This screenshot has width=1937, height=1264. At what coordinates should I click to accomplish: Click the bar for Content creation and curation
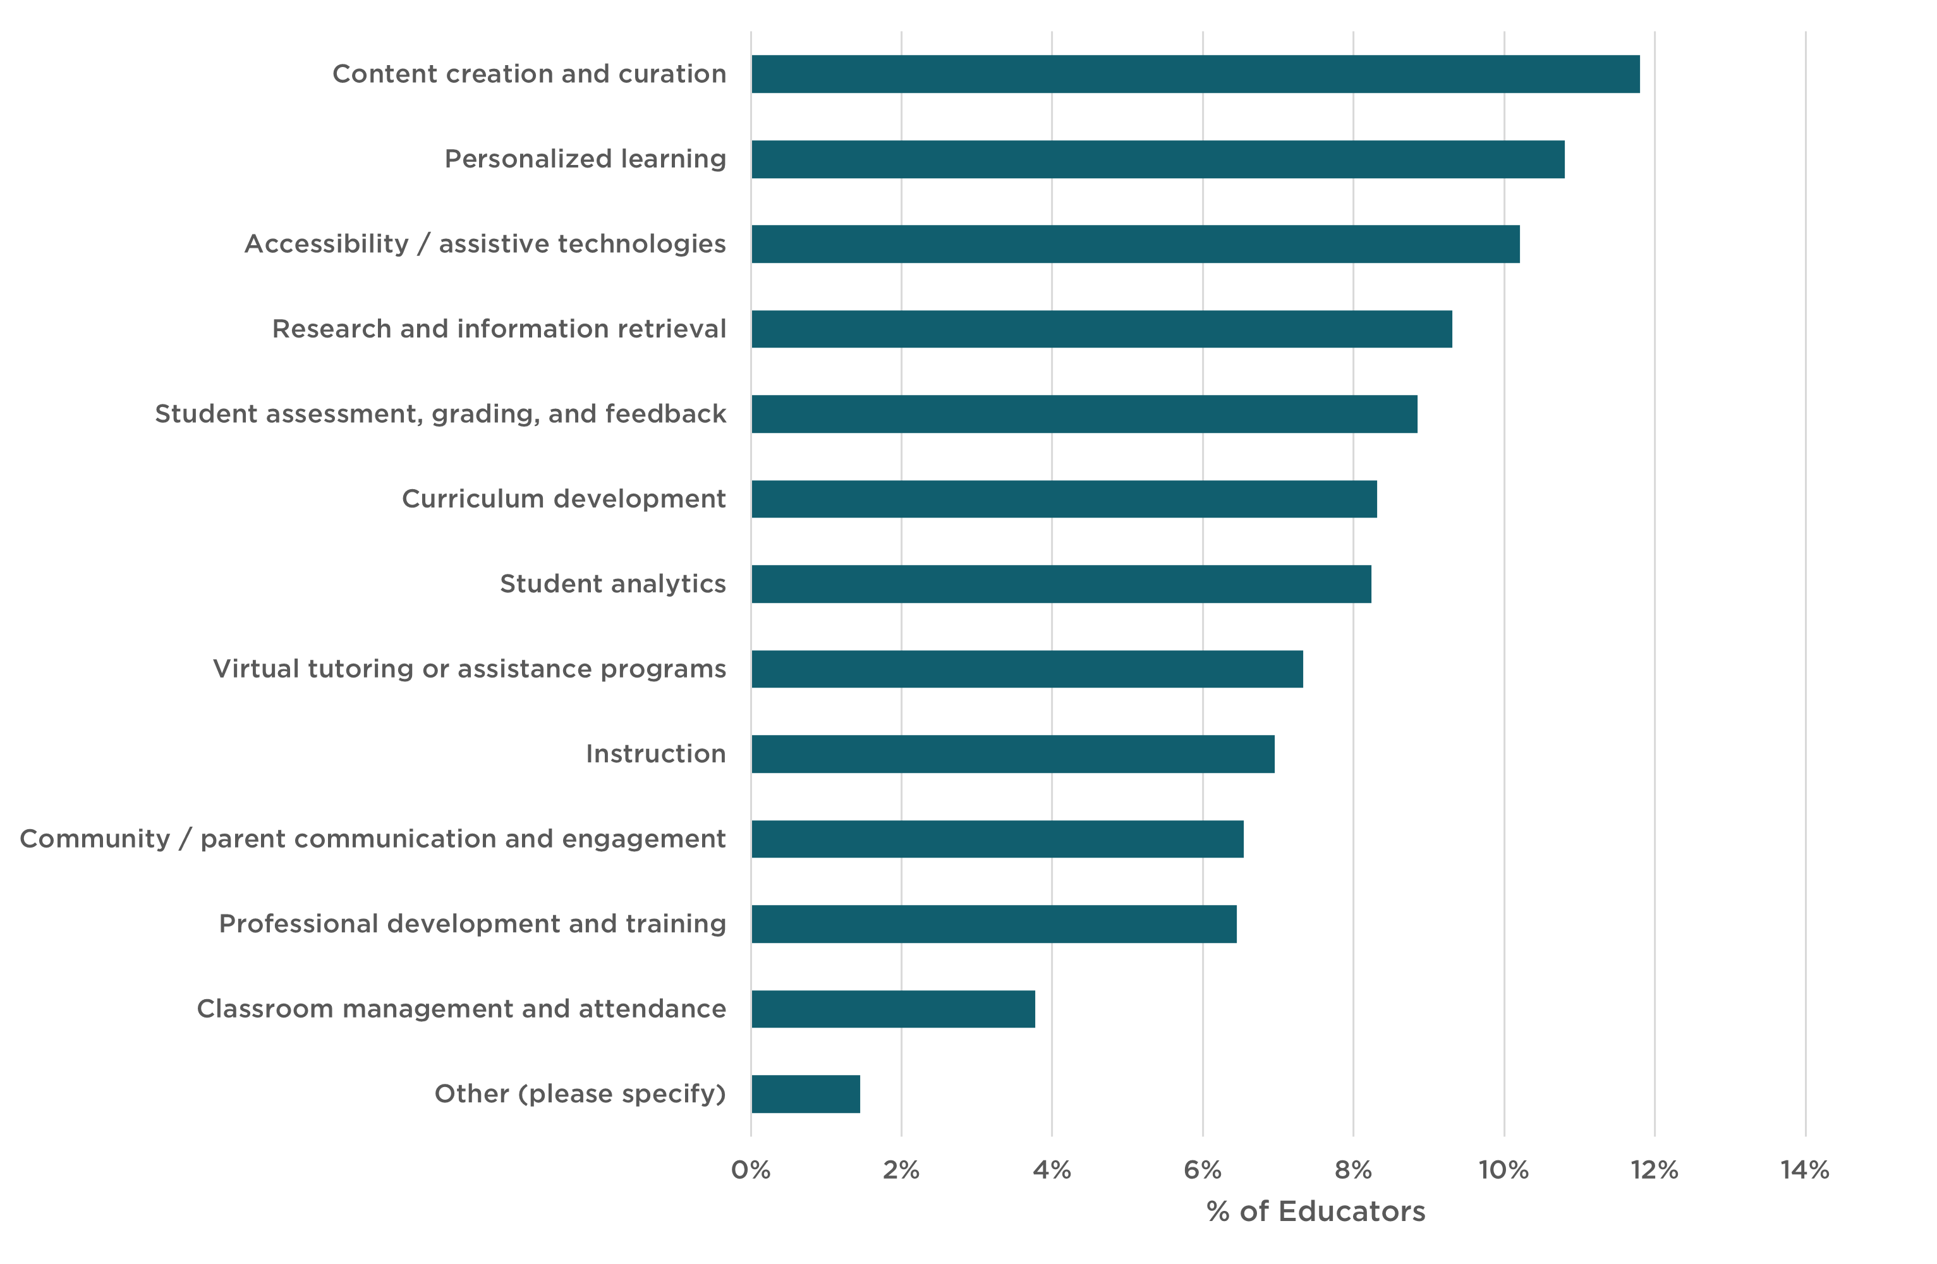click(x=1195, y=74)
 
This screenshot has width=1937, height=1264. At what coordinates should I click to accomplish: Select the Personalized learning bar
click(x=1157, y=159)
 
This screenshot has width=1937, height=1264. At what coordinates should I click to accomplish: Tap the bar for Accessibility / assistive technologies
click(x=1136, y=244)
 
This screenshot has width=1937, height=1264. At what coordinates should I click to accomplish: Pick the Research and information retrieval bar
click(x=1101, y=329)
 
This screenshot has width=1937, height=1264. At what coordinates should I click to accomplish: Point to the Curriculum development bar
click(x=1064, y=499)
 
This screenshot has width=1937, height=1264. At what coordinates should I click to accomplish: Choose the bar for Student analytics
click(x=1060, y=585)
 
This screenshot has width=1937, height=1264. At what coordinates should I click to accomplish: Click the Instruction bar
click(x=1012, y=755)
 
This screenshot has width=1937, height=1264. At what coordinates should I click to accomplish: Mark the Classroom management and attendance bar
click(x=893, y=1009)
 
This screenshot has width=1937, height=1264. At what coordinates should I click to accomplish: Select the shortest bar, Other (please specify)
click(x=805, y=1095)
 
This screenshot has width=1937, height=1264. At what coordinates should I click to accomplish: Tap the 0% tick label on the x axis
click(x=750, y=1170)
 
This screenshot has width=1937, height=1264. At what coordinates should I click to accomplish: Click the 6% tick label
click(x=1202, y=1170)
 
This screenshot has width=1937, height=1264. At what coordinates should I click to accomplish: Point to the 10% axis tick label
click(x=1503, y=1170)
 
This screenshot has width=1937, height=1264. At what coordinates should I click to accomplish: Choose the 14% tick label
click(x=1804, y=1170)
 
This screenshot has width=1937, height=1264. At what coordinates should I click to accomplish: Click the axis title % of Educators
click(x=1315, y=1212)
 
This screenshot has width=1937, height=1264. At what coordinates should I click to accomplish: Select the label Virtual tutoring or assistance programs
click(x=470, y=669)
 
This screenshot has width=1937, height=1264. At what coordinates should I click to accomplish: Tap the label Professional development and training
click(x=472, y=924)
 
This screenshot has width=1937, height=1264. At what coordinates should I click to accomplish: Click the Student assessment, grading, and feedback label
click(x=440, y=415)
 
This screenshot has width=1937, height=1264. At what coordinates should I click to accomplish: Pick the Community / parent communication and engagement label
click(x=373, y=839)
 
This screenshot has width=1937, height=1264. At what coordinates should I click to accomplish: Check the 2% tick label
click(x=901, y=1170)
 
